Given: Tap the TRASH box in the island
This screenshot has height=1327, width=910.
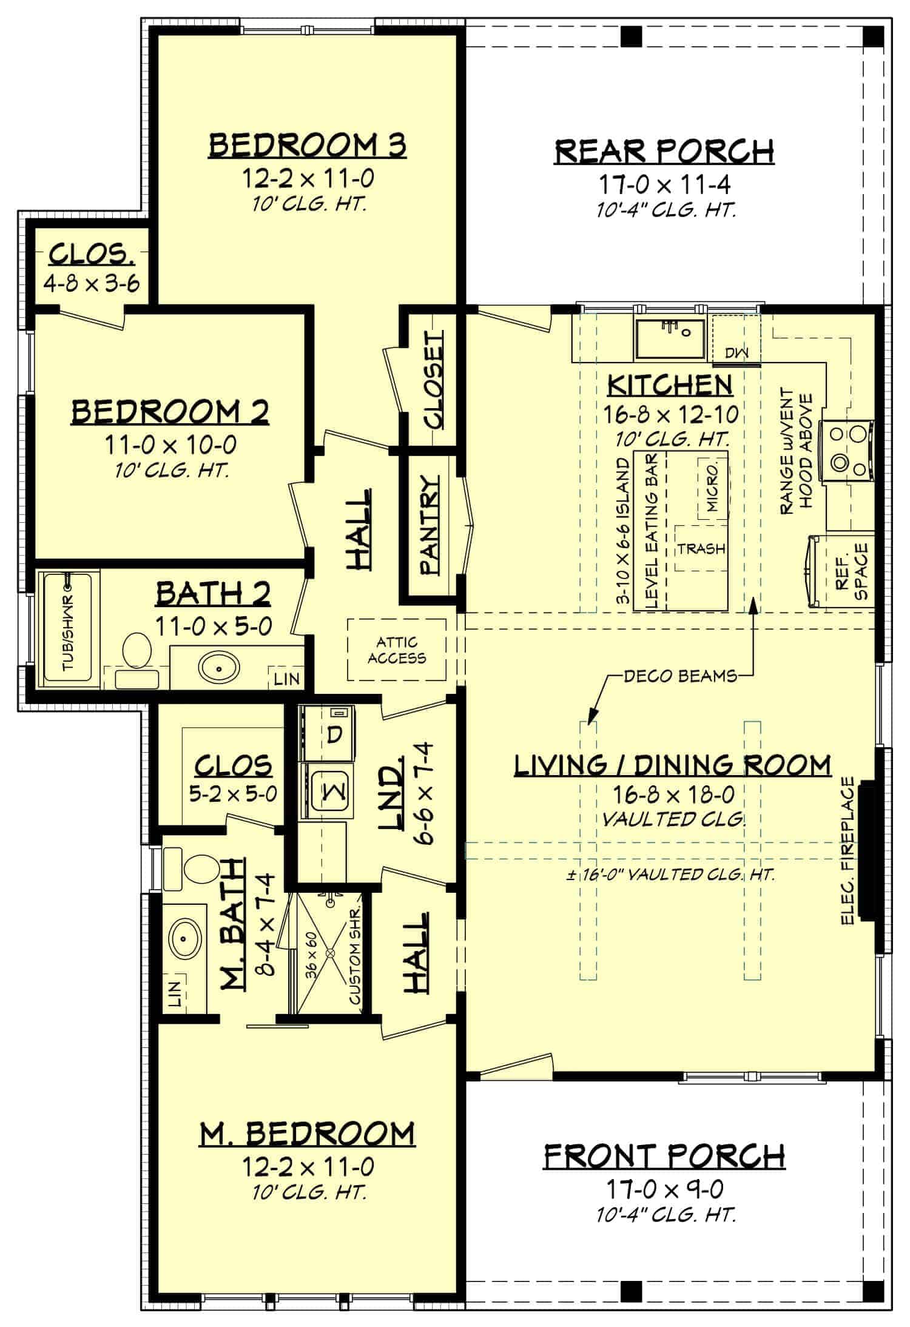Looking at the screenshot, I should (x=701, y=548).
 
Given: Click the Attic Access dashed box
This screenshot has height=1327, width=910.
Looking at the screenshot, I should (x=397, y=650).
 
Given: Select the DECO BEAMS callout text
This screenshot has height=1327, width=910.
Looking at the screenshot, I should (x=680, y=675).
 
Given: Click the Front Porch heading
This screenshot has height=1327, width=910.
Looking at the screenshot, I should (x=664, y=1156).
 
